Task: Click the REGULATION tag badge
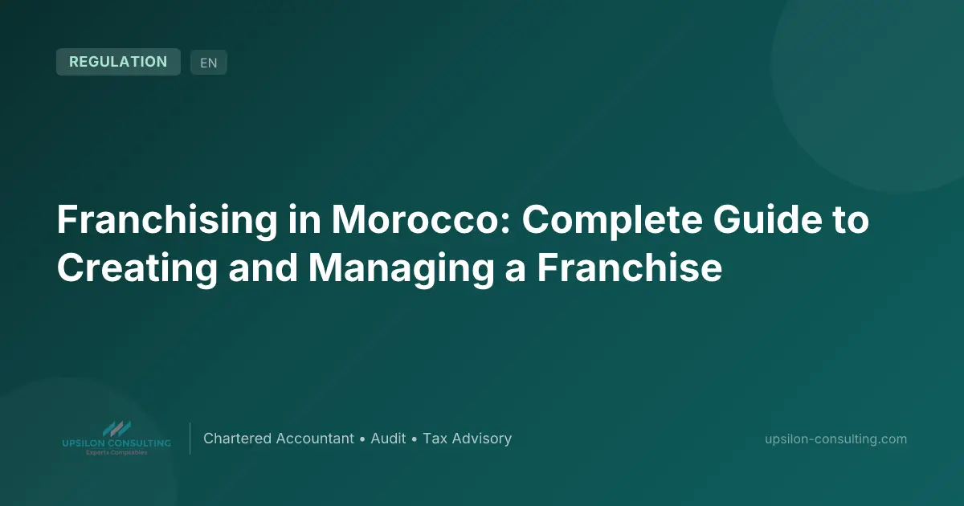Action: (118, 62)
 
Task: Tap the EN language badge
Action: (209, 63)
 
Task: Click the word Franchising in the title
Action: (167, 221)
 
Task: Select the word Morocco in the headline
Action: (421, 220)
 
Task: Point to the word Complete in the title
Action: (612, 221)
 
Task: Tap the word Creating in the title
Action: (137, 269)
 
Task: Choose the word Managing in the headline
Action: (402, 269)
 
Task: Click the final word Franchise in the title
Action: (630, 268)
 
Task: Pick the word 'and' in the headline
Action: (263, 268)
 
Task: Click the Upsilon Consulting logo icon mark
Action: (116, 429)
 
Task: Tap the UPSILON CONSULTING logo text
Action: (116, 443)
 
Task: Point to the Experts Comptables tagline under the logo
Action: (116, 453)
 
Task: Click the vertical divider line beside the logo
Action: (190, 439)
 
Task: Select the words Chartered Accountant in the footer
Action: (279, 439)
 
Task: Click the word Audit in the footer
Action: (388, 439)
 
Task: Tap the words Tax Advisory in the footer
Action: (468, 439)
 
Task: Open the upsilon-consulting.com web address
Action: (835, 439)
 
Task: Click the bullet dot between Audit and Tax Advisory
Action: (415, 440)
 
